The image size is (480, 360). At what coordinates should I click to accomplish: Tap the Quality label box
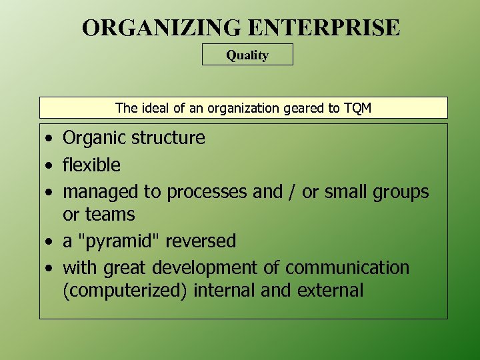247,55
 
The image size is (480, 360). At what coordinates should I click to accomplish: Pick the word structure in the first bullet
170,138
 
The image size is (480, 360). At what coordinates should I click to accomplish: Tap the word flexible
91,165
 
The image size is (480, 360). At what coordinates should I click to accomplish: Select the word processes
207,192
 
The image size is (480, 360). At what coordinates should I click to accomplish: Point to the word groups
400,192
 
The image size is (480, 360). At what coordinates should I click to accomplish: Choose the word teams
109,215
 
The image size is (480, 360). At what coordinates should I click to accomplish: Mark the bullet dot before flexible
50,165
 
